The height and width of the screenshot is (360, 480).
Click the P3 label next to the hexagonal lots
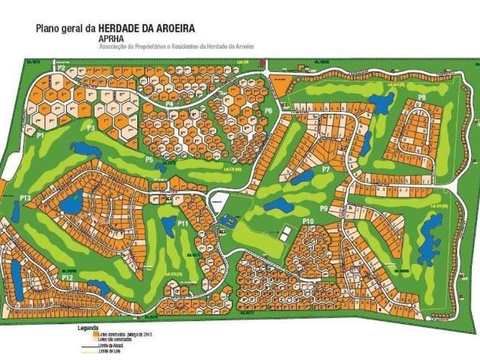(91, 128)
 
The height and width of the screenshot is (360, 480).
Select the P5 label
(149, 160)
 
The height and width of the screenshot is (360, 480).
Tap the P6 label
(268, 110)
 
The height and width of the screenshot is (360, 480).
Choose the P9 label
(324, 208)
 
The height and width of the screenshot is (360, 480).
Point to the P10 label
(307, 221)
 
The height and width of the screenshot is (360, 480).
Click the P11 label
(182, 223)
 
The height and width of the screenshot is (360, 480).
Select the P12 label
(67, 277)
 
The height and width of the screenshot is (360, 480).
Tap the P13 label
(25, 198)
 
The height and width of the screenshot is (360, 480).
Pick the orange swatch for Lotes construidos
(80, 334)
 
